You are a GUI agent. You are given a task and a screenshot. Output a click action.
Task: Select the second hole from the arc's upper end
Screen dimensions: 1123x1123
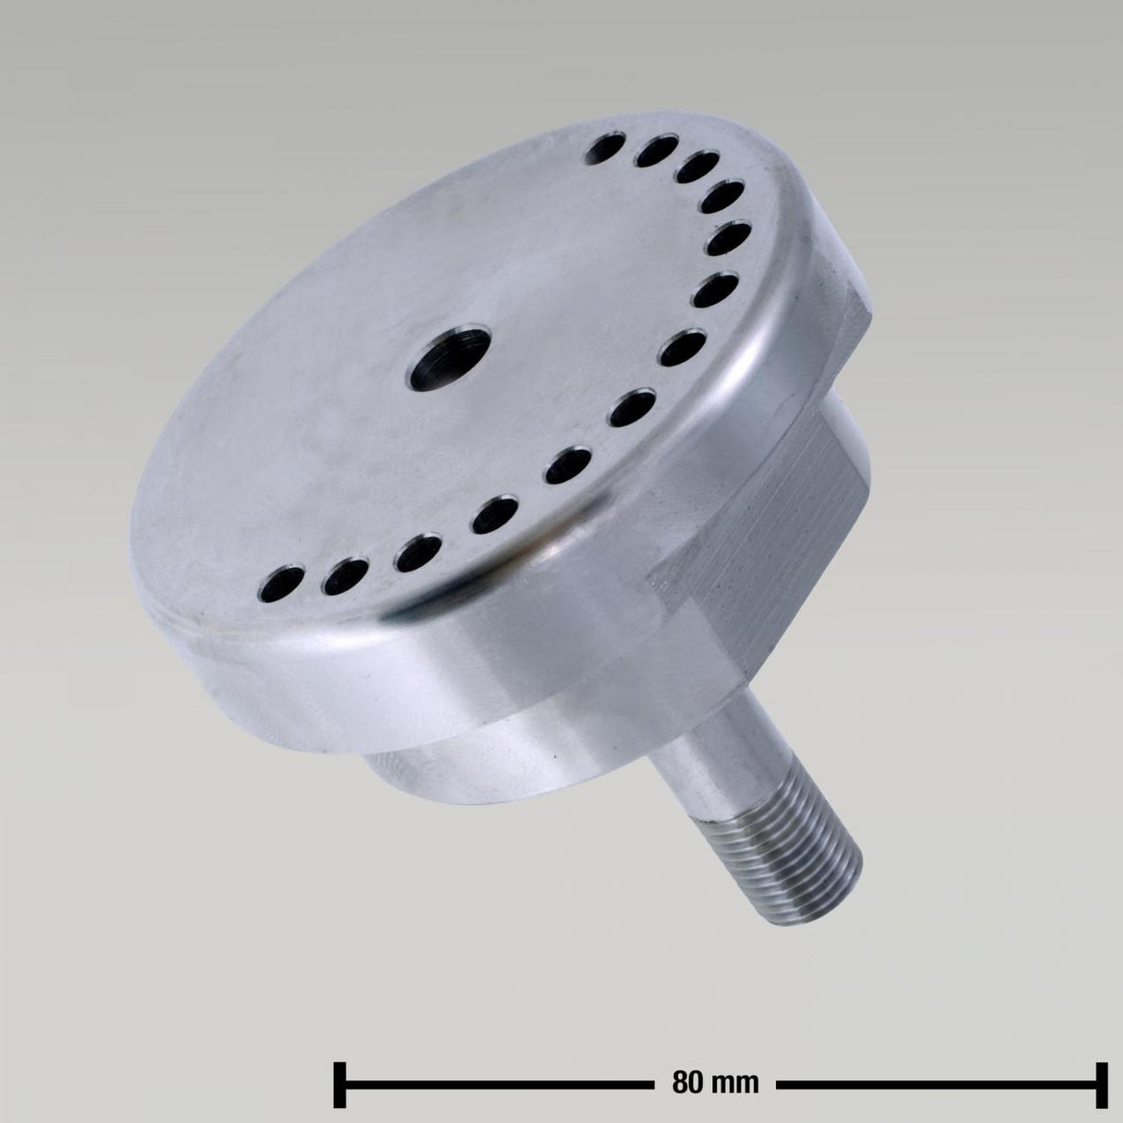click(658, 152)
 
